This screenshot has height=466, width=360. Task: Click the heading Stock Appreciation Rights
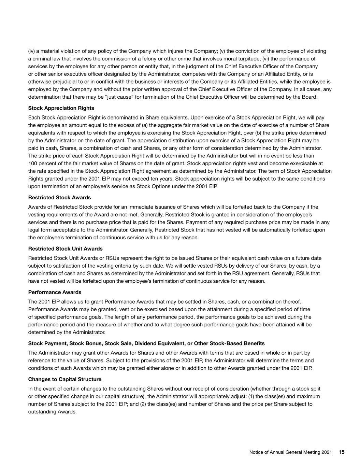[61, 108]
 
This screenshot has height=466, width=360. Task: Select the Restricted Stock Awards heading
[59, 198]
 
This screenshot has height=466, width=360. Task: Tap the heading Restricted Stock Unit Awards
[65, 249]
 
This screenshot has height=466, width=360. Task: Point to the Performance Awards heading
[55, 292]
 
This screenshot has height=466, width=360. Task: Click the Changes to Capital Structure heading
[64, 379]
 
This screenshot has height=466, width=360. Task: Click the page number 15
[342, 452]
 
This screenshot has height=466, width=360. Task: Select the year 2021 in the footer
[326, 452]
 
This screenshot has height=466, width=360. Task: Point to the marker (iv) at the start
[31, 51]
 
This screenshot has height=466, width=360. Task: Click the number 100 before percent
[32, 164]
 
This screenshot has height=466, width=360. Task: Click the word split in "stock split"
[315, 389]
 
